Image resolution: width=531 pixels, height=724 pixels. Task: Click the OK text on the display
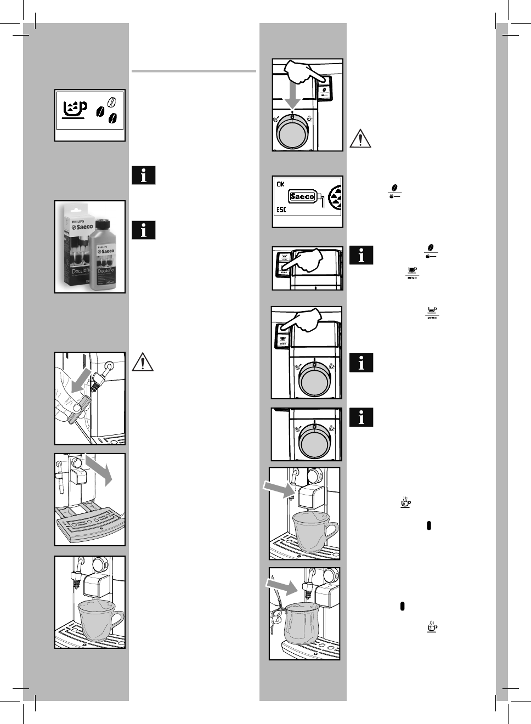click(x=281, y=184)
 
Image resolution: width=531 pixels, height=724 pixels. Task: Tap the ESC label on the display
click(x=281, y=210)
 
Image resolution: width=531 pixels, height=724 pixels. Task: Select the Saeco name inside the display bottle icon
click(x=302, y=196)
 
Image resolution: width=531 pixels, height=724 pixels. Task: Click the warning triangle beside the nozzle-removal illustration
click(x=143, y=363)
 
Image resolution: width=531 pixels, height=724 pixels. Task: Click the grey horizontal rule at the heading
click(x=194, y=71)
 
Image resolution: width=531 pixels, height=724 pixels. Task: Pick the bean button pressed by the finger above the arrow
click(x=324, y=90)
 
